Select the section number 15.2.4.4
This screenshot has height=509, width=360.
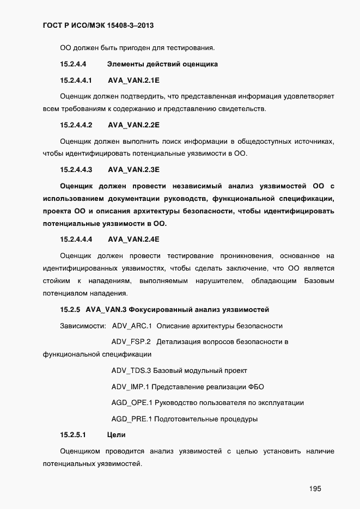tap(74, 64)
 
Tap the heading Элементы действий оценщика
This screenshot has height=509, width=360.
tap(162, 64)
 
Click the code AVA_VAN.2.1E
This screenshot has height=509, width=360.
tap(133, 80)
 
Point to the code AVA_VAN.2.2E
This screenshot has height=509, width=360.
tap(133, 125)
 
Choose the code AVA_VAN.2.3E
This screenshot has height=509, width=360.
tap(133, 169)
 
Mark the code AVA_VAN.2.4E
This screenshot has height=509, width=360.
tap(133, 239)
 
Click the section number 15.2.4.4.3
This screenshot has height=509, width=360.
tap(76, 169)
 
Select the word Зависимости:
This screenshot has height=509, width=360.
tap(83, 326)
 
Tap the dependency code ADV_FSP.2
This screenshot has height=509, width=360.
tap(131, 342)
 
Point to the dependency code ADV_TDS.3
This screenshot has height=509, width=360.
tap(131, 371)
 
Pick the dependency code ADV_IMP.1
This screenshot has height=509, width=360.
tap(130, 387)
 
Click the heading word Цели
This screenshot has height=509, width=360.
tap(117, 435)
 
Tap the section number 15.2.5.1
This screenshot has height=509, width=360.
tap(74, 435)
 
